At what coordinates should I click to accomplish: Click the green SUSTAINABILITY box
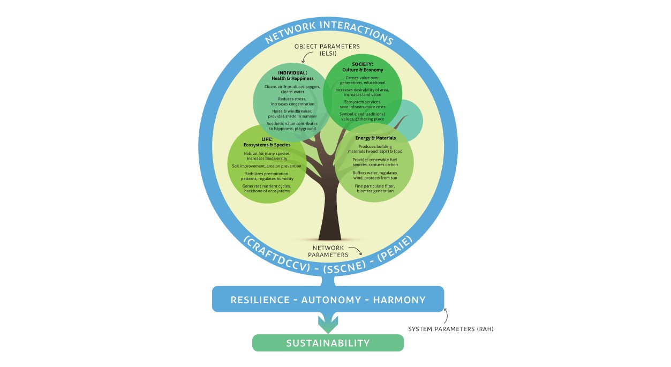click(328, 343)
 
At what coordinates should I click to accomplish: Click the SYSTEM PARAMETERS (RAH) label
click(450, 329)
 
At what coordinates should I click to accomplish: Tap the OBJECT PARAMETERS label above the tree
click(327, 49)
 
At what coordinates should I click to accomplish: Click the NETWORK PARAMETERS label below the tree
click(329, 251)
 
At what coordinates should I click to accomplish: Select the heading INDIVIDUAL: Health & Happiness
click(289, 76)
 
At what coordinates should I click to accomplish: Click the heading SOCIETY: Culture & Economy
click(363, 67)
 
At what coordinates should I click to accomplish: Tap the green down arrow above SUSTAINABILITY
click(328, 323)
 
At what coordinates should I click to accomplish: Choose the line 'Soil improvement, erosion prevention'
click(267, 166)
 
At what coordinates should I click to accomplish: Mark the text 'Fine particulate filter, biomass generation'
click(375, 189)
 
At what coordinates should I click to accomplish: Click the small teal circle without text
click(409, 121)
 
